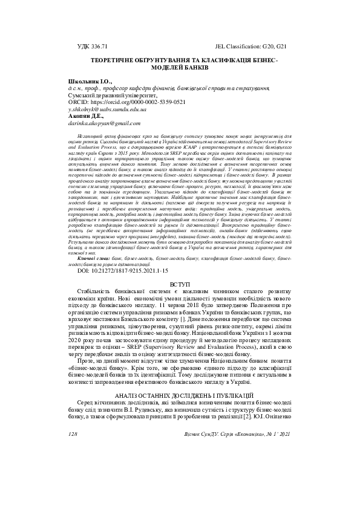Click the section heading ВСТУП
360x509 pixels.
click(180, 284)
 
